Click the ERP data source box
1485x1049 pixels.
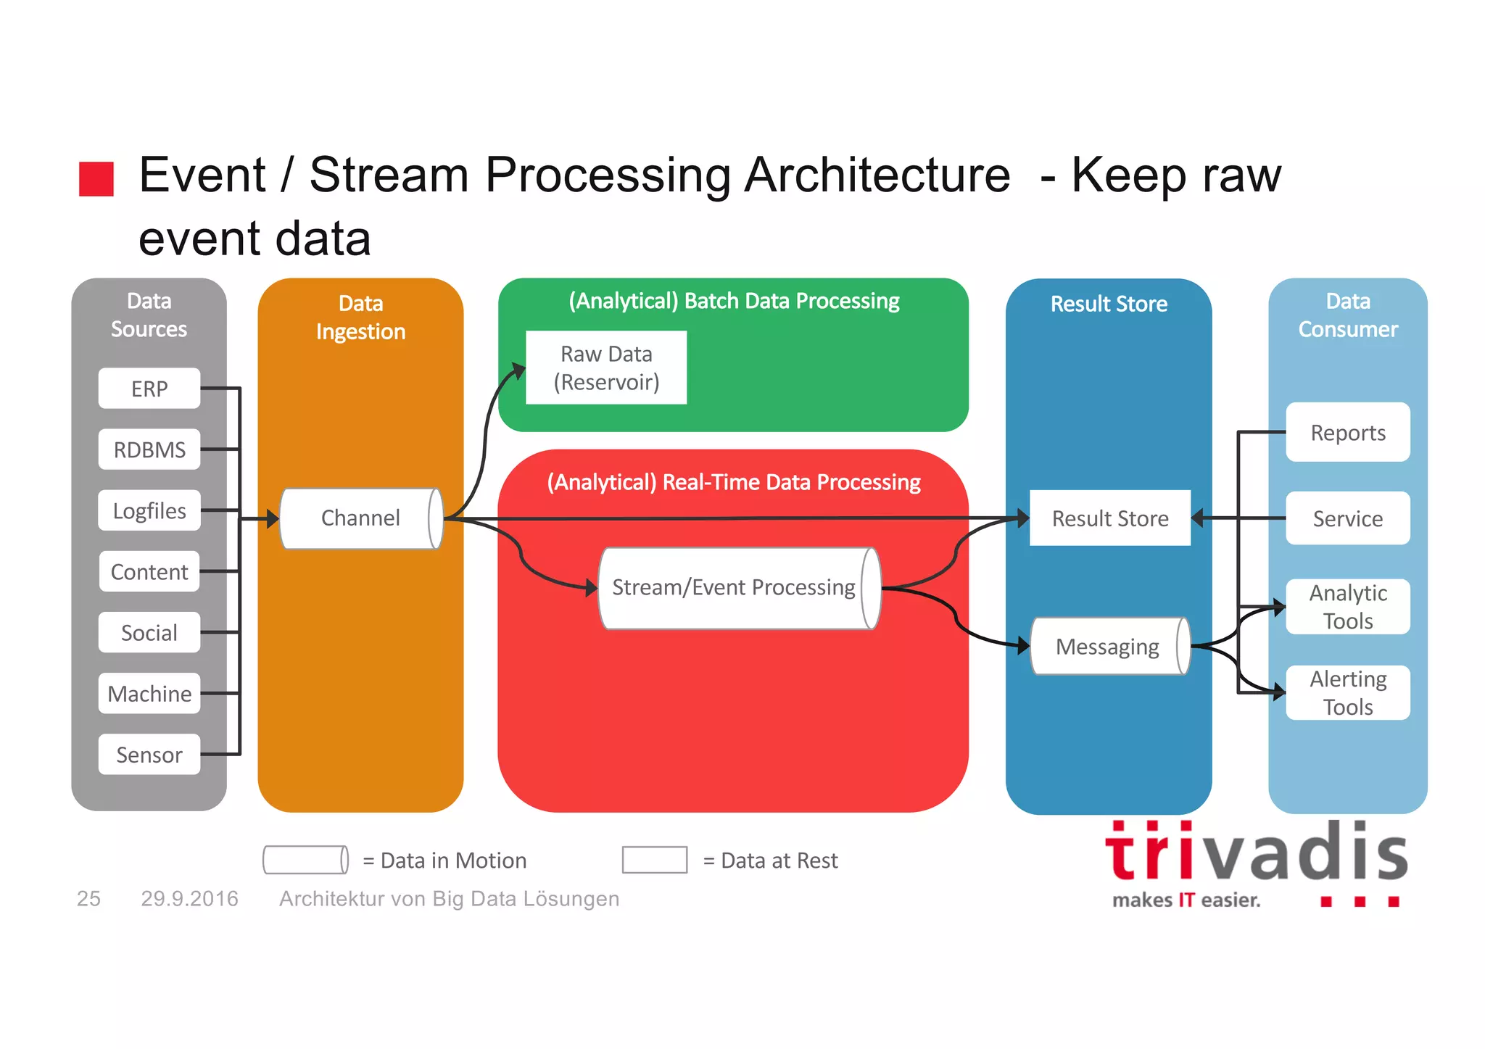[149, 389]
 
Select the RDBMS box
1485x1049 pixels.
[149, 449]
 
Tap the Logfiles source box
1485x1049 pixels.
[149, 510]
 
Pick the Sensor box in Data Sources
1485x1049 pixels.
[149, 755]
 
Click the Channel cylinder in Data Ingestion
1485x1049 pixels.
[360, 518]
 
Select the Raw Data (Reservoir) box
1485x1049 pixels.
[606, 368]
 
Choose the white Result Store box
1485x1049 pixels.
[1109, 518]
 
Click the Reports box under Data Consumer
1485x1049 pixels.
[1347, 433]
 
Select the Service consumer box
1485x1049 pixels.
[1347, 518]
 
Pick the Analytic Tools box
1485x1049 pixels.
[1347, 607]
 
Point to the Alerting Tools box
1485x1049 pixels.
[1347, 692]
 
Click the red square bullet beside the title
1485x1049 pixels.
[96, 179]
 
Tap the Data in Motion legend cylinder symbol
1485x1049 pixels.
[305, 860]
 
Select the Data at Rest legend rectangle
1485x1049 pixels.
[654, 860]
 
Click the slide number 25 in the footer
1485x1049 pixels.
[88, 899]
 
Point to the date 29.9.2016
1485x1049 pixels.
[189, 899]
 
